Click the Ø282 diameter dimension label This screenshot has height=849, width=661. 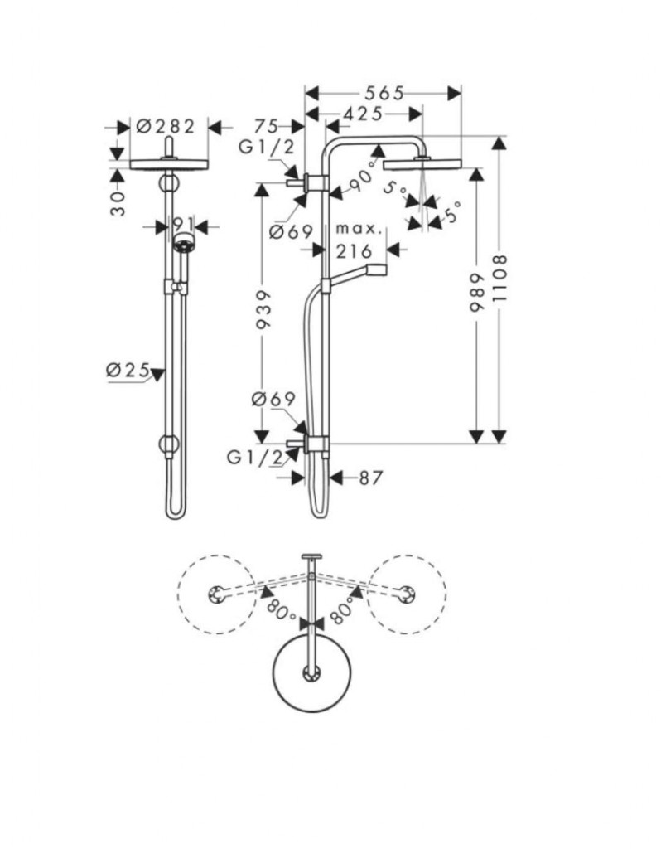pyautogui.click(x=165, y=126)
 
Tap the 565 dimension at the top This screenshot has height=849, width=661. pyautogui.click(x=382, y=93)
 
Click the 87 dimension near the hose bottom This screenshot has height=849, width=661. pyautogui.click(x=370, y=478)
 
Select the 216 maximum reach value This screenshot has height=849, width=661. pyautogui.click(x=358, y=250)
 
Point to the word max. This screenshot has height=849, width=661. pyautogui.click(x=358, y=228)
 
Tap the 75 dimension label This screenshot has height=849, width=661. pyautogui.click(x=266, y=126)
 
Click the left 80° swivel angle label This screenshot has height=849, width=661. pyautogui.click(x=281, y=612)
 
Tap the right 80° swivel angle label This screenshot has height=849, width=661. pyautogui.click(x=341, y=612)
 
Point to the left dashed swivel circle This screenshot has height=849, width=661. pyautogui.click(x=216, y=594)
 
